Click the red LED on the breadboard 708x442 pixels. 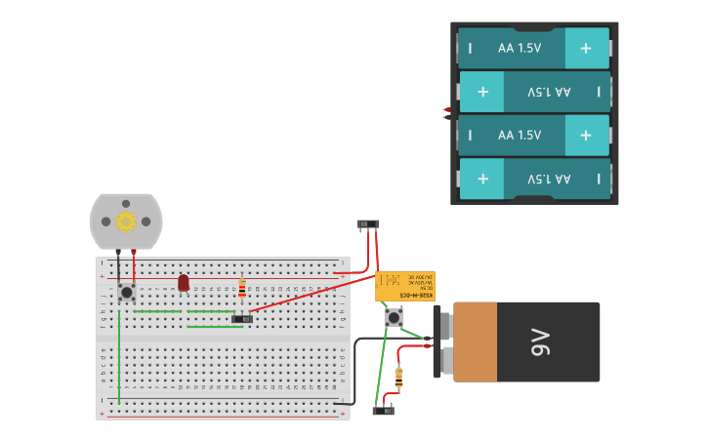pos(184,282)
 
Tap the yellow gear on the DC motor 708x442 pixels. pos(125,221)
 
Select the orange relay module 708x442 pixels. pos(405,286)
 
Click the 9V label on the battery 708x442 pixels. pos(540,342)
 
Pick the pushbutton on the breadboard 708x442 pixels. pos(126,292)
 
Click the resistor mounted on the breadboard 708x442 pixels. pos(242,289)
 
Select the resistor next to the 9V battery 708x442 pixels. pos(398,378)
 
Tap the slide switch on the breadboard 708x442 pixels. pos(242,319)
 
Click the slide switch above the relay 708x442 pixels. pos(367,224)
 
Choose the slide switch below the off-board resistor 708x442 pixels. pos(384,411)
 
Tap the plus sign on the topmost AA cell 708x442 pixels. pos(585,48)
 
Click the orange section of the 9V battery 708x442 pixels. pos(476,342)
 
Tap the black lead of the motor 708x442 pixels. pos(118,265)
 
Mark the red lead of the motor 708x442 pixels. pos(134,265)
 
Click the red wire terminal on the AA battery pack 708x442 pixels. pos(446,109)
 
